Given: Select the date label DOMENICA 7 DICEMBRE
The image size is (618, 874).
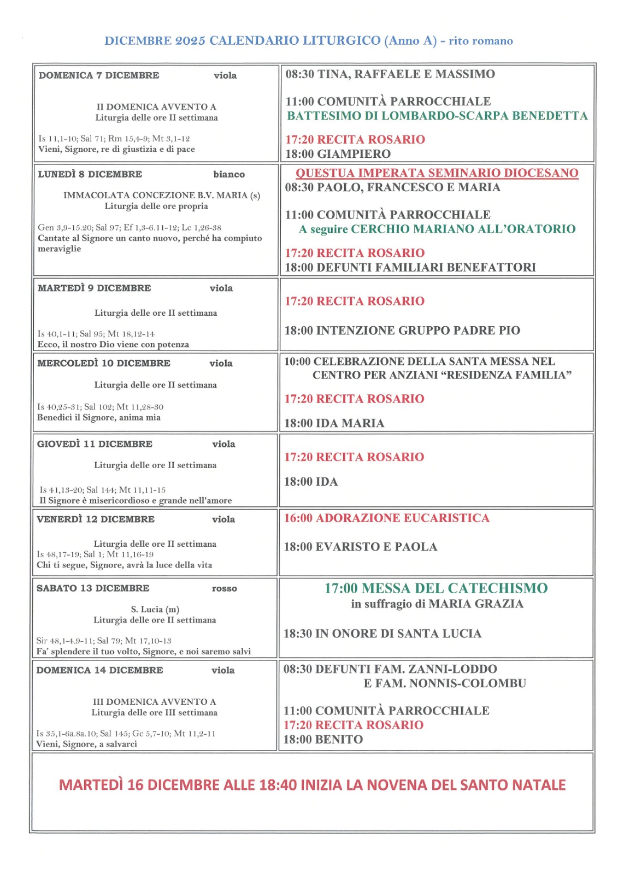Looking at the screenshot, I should (99, 75).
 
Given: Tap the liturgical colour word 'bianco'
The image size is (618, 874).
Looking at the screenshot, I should (229, 174).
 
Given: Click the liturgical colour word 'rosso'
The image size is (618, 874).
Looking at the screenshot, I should (225, 588).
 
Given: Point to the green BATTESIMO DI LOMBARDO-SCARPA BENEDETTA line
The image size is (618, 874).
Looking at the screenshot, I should (437, 116).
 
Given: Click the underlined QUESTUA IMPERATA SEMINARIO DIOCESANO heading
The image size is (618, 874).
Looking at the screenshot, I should (437, 173).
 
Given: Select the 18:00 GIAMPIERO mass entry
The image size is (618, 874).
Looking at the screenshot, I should (338, 154).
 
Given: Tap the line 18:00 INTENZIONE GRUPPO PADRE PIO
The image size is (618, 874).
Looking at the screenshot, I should (402, 330).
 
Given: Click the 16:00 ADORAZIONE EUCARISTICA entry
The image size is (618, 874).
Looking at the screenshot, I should (386, 518).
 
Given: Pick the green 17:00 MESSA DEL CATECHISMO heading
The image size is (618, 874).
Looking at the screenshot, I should (436, 588).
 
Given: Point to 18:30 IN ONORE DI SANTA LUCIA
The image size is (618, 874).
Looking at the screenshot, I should (382, 634).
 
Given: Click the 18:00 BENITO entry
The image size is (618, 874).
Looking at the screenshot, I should (322, 740).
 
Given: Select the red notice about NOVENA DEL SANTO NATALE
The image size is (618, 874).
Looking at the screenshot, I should (312, 785).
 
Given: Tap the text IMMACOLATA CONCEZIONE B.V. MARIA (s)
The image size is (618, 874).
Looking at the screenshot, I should (162, 196).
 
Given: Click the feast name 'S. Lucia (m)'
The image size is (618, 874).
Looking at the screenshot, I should (155, 609).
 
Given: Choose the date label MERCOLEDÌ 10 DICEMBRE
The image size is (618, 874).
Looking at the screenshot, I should (104, 363).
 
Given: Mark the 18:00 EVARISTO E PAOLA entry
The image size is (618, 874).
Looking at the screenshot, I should (360, 547).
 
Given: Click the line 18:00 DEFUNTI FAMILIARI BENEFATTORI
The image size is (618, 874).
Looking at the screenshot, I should (410, 268).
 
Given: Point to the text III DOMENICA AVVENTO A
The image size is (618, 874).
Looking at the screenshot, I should (155, 701).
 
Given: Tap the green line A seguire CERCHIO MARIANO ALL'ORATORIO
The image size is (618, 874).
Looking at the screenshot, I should (437, 229).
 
